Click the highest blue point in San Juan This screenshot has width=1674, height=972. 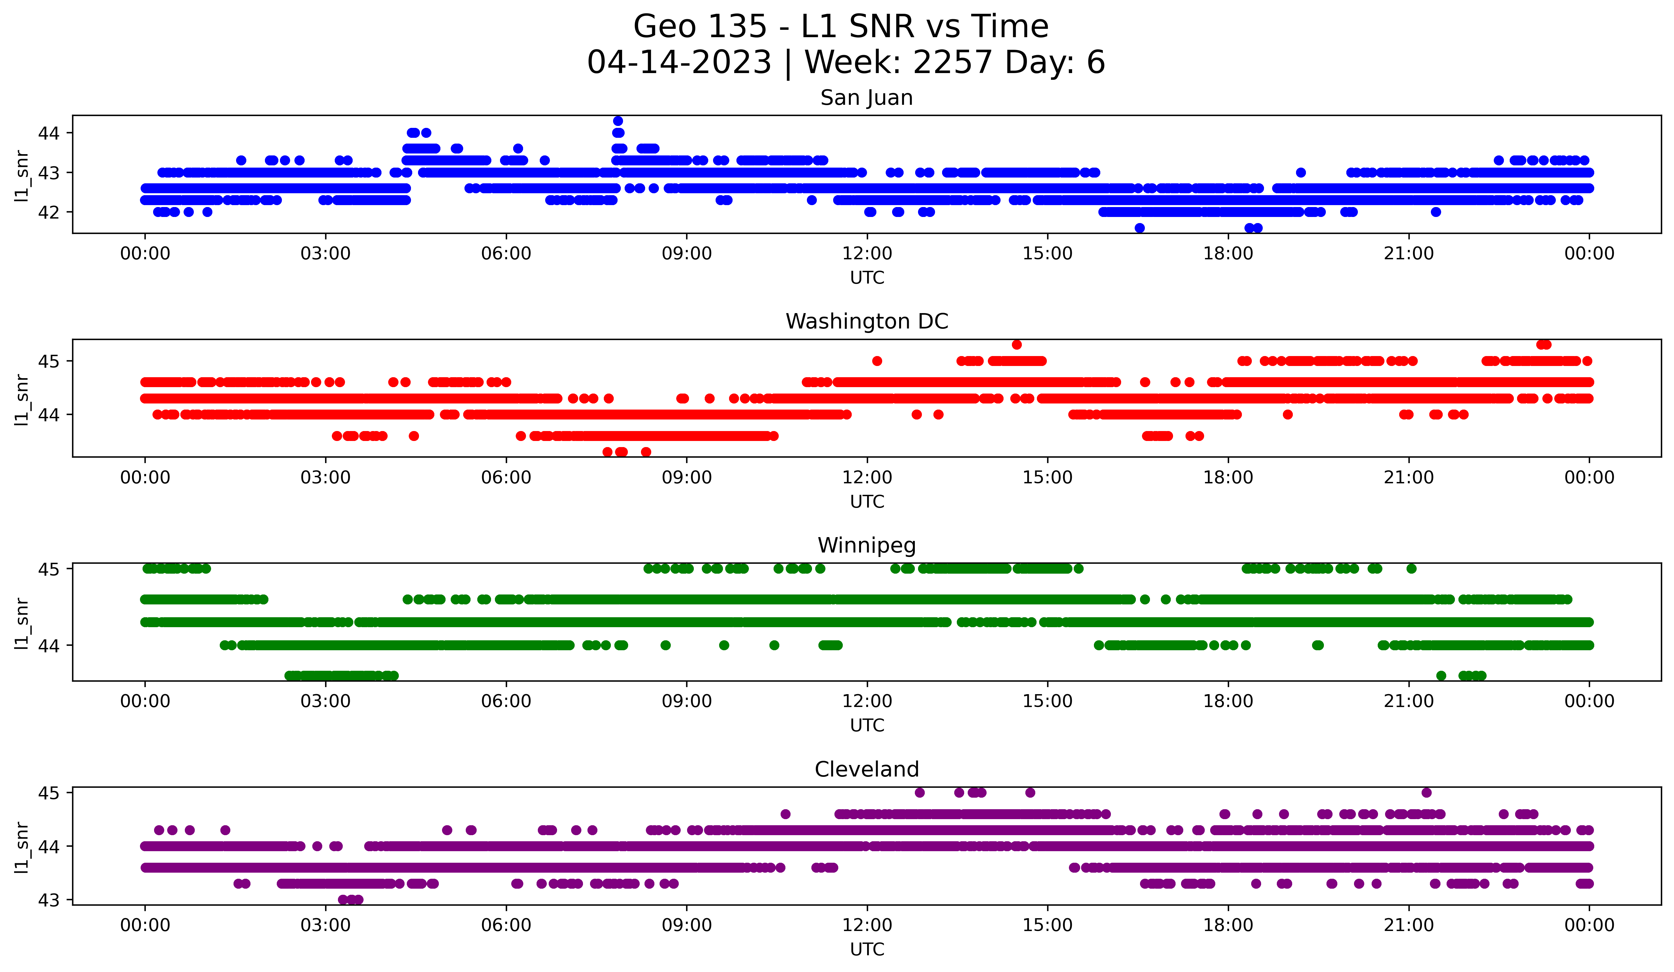click(x=618, y=121)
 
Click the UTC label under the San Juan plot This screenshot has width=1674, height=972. click(x=867, y=278)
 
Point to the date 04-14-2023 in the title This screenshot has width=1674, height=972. click(x=679, y=62)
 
